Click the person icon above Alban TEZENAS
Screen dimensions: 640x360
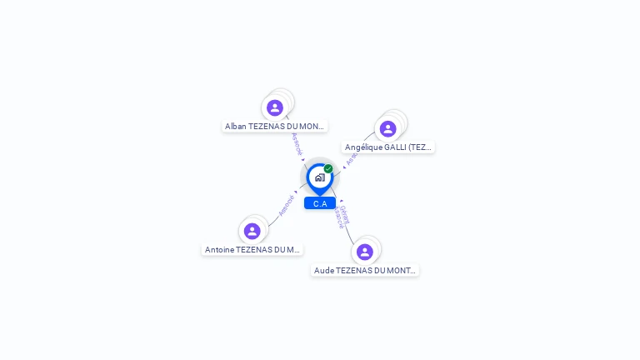click(275, 107)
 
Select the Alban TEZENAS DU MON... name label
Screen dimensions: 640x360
click(275, 127)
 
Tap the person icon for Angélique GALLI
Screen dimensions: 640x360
click(387, 128)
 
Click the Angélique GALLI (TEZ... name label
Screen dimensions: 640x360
click(388, 147)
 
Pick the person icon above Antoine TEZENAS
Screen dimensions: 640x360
click(252, 231)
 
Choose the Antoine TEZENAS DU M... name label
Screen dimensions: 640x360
click(252, 250)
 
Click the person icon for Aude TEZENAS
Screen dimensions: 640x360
click(365, 252)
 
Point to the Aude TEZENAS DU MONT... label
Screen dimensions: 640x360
click(365, 271)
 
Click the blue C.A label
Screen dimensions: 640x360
click(320, 203)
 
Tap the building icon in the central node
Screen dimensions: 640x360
click(319, 177)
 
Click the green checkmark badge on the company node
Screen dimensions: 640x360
click(328, 168)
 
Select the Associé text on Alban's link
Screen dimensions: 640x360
click(296, 143)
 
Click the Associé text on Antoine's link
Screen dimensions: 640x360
click(286, 205)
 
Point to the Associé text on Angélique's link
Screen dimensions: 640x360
click(352, 158)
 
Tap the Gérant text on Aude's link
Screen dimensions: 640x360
click(345, 213)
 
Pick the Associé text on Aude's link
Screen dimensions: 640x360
click(339, 218)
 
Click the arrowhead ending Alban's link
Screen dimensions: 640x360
click(303, 160)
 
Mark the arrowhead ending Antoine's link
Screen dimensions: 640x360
click(296, 192)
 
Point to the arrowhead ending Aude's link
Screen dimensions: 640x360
click(340, 201)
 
